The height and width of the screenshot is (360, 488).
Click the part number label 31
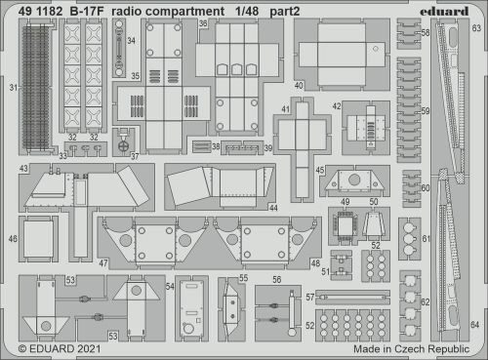tap(14, 88)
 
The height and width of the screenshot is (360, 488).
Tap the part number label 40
tap(299, 86)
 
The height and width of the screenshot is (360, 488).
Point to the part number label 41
tap(285, 109)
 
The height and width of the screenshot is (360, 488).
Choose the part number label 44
tap(273, 208)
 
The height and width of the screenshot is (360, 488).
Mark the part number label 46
tap(14, 237)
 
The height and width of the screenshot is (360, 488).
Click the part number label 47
tap(103, 263)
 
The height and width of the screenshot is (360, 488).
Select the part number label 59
tap(425, 112)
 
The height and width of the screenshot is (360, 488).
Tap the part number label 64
tap(475, 323)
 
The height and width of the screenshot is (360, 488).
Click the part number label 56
tap(278, 279)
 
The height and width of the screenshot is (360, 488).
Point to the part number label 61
tap(426, 239)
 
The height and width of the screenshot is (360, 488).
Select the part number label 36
tap(202, 21)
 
